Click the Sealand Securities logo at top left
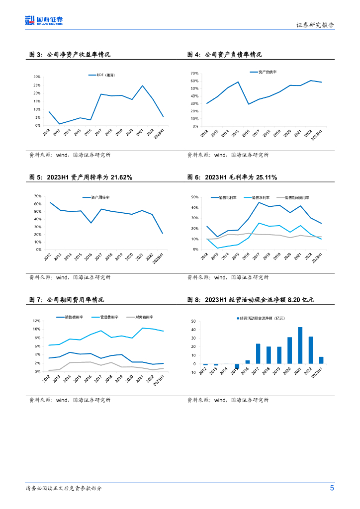pyautogui.click(x=44, y=20)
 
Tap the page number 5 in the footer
pyautogui.click(x=332, y=488)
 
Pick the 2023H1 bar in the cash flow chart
pyautogui.click(x=321, y=360)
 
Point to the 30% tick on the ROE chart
pyautogui.click(x=37, y=77)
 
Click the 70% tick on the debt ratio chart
pyautogui.click(x=194, y=73)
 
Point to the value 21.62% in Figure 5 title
pyautogui.click(x=121, y=177)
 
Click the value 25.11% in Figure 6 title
pyautogui.click(x=266, y=177)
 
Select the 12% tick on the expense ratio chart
pyautogui.click(x=37, y=321)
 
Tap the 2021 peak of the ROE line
pyautogui.click(x=142, y=85)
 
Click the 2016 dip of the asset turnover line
pyautogui.click(x=90, y=223)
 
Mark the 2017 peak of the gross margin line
pyautogui.click(x=259, y=202)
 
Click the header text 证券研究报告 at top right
pyautogui.click(x=315, y=25)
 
